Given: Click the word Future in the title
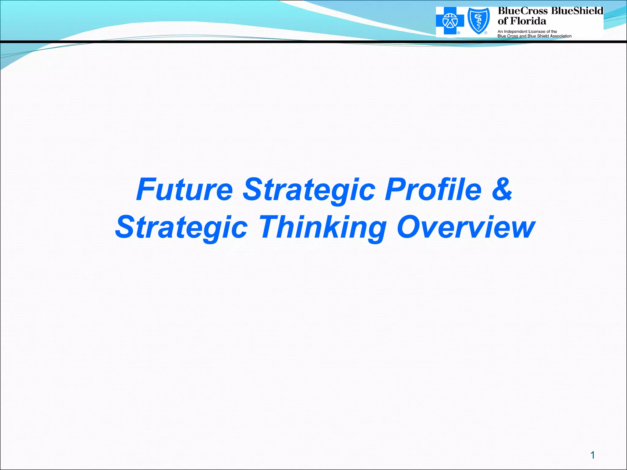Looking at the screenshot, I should [185, 189].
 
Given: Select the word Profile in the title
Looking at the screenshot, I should [433, 189].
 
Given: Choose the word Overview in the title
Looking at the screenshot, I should [466, 227].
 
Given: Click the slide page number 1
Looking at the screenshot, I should [592, 455].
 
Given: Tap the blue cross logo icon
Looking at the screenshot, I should [450, 21].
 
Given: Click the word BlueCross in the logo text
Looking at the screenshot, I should [522, 11].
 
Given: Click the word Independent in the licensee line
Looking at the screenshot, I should [515, 32].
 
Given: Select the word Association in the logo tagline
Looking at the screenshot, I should [560, 36].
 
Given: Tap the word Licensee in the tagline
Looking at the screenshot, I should [537, 32].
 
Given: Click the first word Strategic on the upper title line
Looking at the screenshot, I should [309, 189].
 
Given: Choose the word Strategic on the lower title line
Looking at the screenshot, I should [181, 227].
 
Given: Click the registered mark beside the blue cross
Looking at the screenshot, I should [459, 33].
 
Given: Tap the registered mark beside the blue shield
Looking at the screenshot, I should [486, 33].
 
